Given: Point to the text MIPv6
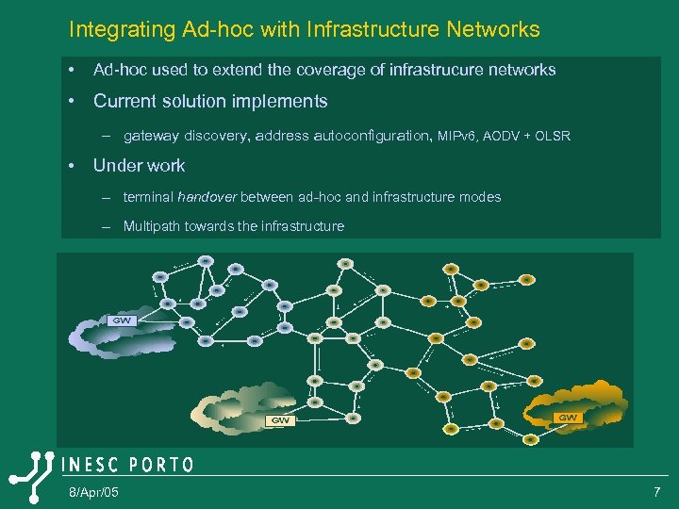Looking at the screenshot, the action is click(x=457, y=136).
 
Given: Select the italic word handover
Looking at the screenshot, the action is click(x=207, y=197).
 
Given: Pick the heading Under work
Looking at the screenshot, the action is click(x=139, y=166).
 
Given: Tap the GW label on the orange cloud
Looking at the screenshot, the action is click(x=569, y=418).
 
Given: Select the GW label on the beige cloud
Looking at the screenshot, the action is click(x=280, y=420).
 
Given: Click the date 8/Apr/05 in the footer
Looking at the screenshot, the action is click(x=93, y=493).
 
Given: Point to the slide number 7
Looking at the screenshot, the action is click(x=656, y=493).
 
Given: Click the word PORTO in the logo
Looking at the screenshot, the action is click(x=161, y=465).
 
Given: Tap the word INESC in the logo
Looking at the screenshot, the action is click(x=91, y=465).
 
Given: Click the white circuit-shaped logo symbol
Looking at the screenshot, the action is click(x=30, y=479).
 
